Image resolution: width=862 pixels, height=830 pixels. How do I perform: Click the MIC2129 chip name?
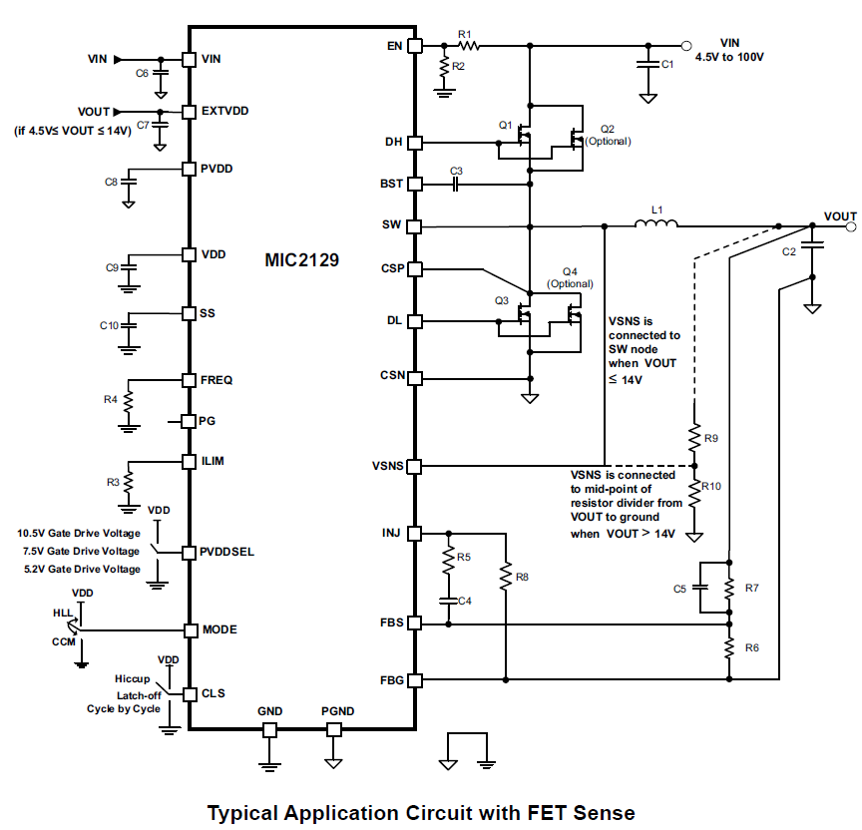pyautogui.click(x=301, y=261)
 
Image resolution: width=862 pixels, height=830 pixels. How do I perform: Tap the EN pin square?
pyautogui.click(x=416, y=46)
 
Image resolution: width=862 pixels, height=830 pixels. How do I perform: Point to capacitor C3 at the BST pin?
pyautogui.click(x=457, y=185)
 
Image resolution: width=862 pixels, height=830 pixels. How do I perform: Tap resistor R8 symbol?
pyautogui.click(x=507, y=577)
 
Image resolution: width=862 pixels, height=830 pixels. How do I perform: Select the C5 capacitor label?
pyautogui.click(x=679, y=589)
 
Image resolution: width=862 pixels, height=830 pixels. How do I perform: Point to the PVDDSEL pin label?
pyautogui.click(x=227, y=552)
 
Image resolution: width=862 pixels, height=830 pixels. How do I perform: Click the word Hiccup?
pyautogui.click(x=132, y=678)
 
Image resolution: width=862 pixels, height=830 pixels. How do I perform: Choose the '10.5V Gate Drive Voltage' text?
pyautogui.click(x=81, y=534)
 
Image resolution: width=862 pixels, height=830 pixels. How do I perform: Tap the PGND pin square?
pyautogui.click(x=334, y=730)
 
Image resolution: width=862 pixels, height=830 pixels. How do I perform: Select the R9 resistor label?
pyautogui.click(x=710, y=437)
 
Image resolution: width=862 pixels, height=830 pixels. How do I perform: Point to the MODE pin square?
pyautogui.click(x=189, y=630)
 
